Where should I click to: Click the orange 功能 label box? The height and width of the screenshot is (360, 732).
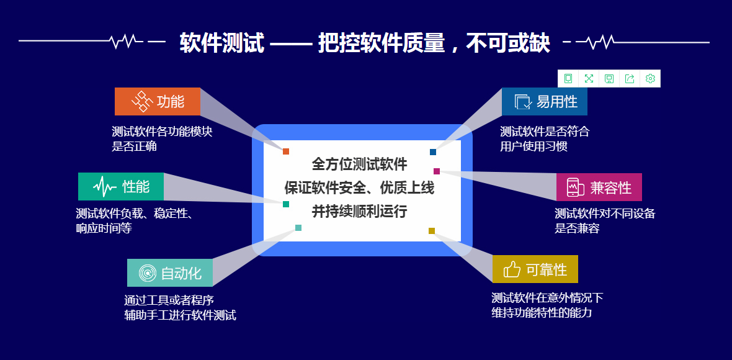pyautogui.click(x=158, y=101)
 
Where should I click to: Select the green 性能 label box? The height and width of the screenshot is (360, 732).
pyautogui.click(x=121, y=186)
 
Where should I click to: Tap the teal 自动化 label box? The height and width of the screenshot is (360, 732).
pyautogui.click(x=170, y=272)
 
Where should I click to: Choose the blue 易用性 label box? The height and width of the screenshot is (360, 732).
pyautogui.click(x=544, y=101)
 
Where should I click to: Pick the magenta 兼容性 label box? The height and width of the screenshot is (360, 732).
pyautogui.click(x=599, y=187)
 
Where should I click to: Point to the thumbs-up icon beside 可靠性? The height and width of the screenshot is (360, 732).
pyautogui.click(x=512, y=269)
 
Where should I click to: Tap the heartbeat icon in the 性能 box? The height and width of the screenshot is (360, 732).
pyautogui.click(x=104, y=186)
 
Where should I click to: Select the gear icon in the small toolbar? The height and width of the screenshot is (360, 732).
pyautogui.click(x=650, y=78)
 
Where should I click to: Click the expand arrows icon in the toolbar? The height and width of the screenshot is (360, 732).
pyautogui.click(x=589, y=78)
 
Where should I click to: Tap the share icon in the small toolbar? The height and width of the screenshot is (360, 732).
pyautogui.click(x=630, y=78)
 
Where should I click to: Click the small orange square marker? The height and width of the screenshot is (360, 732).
pyautogui.click(x=286, y=151)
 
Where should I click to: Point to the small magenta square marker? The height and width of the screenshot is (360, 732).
pyautogui.click(x=437, y=171)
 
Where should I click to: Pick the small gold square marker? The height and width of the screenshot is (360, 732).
pyautogui.click(x=432, y=231)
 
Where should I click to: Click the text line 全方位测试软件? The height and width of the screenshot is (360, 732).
pyautogui.click(x=359, y=164)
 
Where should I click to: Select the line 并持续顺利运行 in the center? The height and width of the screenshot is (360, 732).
pyautogui.click(x=359, y=211)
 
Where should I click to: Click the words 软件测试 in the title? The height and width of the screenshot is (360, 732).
pyautogui.click(x=221, y=43)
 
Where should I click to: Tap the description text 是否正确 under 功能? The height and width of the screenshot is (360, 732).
pyautogui.click(x=134, y=146)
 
